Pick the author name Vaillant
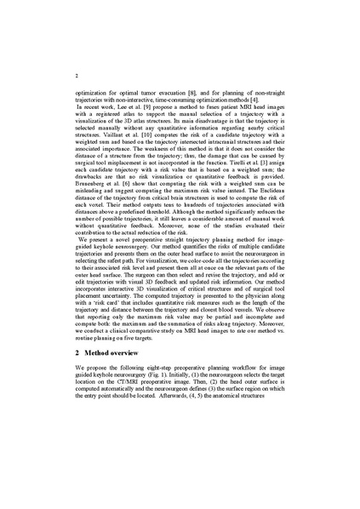pos(95,129)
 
